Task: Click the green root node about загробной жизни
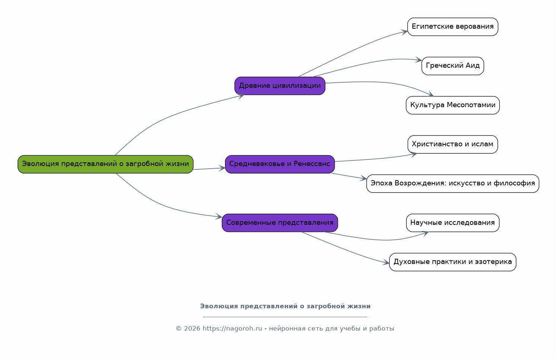tap(105, 164)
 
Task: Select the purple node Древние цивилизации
tap(280, 86)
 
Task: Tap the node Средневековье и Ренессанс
tap(280, 164)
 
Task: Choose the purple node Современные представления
tap(280, 223)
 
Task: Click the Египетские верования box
tap(453, 26)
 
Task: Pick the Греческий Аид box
tap(453, 66)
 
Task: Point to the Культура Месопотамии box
tap(453, 105)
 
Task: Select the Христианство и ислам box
tap(453, 144)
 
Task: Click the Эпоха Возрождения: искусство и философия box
tap(453, 184)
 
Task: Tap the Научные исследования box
tap(453, 223)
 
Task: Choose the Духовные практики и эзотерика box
tap(453, 262)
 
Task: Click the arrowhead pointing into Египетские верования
tap(404, 32)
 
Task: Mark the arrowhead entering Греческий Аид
tap(419, 60)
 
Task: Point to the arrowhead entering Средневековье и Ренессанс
tap(222, 168)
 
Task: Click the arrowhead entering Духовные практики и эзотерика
tap(386, 262)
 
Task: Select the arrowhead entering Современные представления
tap(219, 217)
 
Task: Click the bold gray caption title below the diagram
tap(285, 306)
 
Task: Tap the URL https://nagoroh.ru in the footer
tap(232, 329)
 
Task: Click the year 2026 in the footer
tap(192, 329)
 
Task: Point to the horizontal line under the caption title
tap(285, 317)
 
